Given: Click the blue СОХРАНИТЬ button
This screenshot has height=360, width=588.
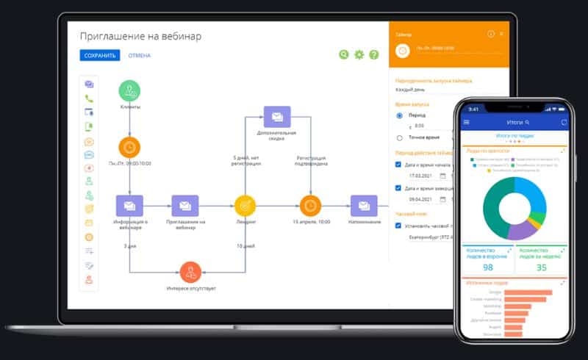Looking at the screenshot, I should coord(100,55).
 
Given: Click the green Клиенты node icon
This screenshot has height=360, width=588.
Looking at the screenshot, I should coord(130,90).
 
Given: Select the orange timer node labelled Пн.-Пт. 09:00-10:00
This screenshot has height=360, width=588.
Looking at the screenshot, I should coord(130,146).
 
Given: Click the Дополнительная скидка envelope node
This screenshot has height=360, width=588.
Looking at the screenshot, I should coord(276,117).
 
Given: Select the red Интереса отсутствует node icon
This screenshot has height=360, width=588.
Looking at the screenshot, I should coord(190,272).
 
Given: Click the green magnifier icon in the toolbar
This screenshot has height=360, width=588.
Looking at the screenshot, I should coord(344,54).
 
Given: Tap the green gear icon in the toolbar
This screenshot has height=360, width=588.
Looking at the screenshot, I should coord(359,54).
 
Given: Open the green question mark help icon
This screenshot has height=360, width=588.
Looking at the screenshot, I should coord(374,54).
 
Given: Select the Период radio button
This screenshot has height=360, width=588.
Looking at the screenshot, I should coord(400,115).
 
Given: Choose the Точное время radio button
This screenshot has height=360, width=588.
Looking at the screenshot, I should coord(400,137).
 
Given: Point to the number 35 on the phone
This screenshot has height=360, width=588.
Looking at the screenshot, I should coord(541,267).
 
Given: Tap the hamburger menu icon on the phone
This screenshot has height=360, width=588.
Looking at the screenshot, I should coord(465,122).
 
